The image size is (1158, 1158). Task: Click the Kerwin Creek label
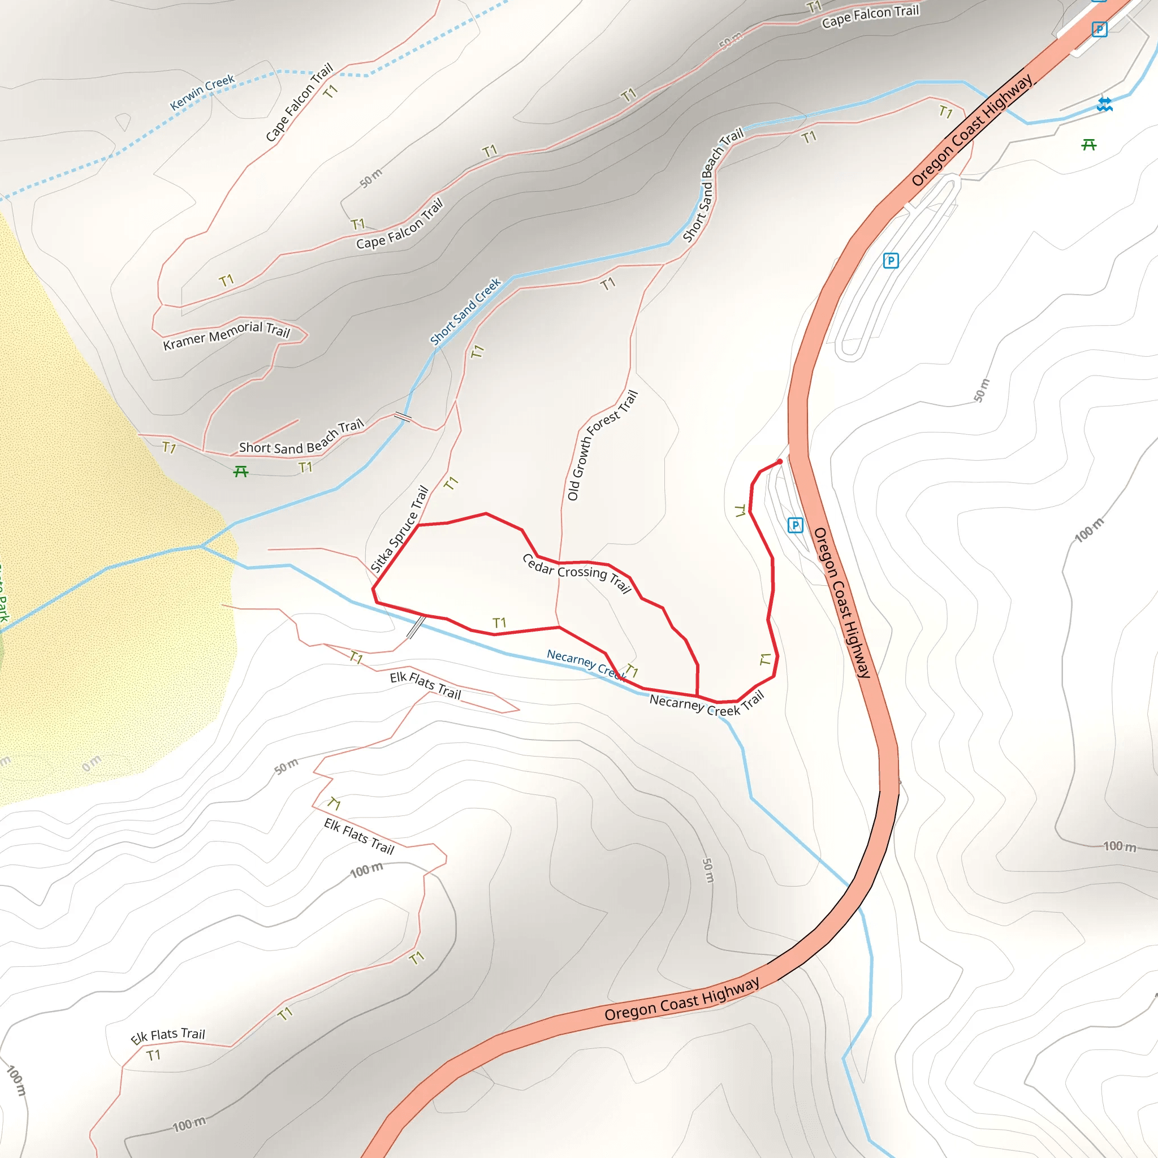[x=202, y=92]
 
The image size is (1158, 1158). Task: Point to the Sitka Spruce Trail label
[x=399, y=529]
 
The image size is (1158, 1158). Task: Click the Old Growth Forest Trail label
[x=602, y=445]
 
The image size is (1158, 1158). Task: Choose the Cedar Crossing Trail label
[x=577, y=572]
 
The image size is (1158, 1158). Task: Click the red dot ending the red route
[x=780, y=461]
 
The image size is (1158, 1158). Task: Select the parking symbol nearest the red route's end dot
[x=795, y=526]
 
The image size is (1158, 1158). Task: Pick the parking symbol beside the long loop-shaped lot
[x=891, y=261]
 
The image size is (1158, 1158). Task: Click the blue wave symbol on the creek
[x=1105, y=105]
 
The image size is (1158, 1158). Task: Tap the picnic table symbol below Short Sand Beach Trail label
[x=241, y=472]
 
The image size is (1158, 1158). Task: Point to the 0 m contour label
[x=92, y=763]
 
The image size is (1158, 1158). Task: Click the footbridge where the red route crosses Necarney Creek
[x=416, y=626]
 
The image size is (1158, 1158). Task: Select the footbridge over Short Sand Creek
[x=403, y=417]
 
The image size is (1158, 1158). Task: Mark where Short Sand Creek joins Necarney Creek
[x=202, y=546]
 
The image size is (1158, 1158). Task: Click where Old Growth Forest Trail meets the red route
[x=559, y=563]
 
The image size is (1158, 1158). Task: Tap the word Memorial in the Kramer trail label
[x=235, y=332]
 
